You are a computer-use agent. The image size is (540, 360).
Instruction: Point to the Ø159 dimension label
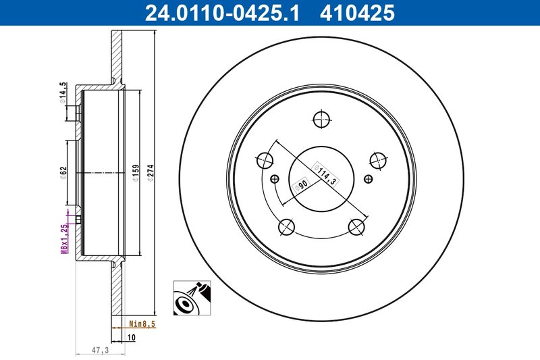pos(136,174)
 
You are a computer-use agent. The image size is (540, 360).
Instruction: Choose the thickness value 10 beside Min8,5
pos(132,336)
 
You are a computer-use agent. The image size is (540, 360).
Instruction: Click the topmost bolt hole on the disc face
pos(321,120)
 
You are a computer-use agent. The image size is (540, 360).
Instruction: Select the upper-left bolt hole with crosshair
pos(265,160)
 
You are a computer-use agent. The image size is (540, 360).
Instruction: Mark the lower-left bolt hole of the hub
pos(286,226)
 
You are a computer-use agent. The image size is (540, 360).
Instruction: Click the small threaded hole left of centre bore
pos(275,179)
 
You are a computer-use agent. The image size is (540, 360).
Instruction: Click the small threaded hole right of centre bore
pos(367,179)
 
